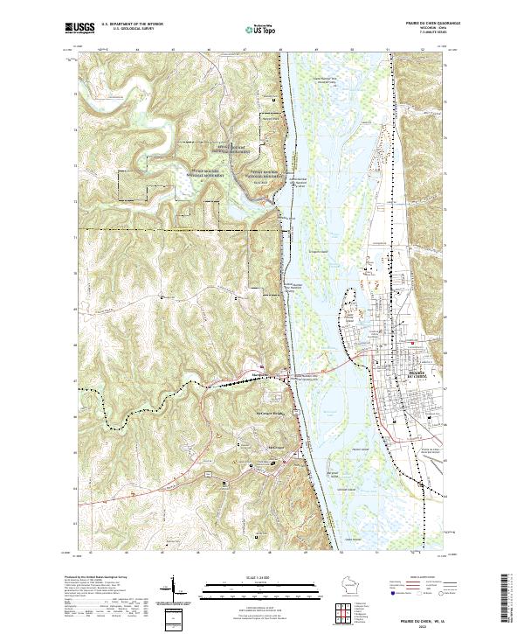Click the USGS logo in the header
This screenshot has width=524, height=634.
80,29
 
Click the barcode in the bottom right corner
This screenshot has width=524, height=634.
512,603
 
